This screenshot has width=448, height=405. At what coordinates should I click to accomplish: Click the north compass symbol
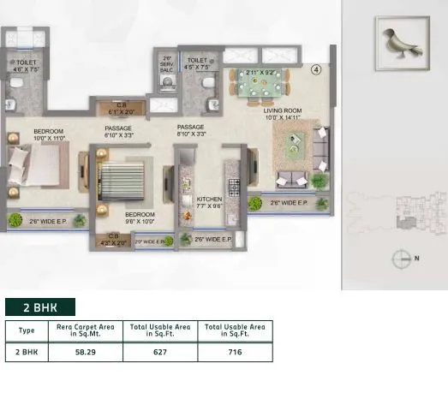(403, 257)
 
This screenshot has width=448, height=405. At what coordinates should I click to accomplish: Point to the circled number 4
(316, 68)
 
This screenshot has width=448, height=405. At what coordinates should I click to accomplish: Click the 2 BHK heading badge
(40, 307)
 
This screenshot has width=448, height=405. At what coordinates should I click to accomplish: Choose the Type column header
(27, 331)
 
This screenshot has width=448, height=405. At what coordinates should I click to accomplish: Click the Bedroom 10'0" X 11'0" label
(25, 134)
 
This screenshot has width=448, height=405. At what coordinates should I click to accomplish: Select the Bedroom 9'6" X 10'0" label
(140, 217)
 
